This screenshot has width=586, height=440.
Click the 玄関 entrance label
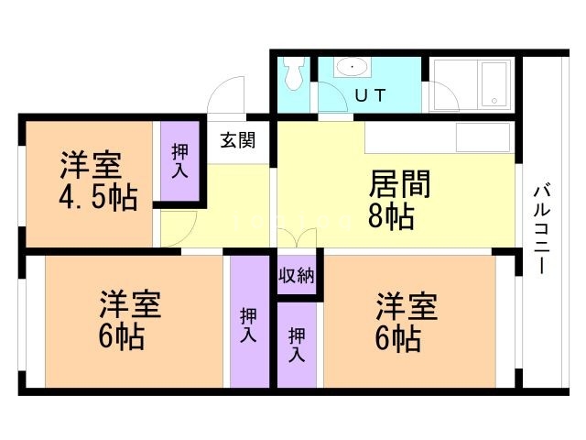[x=237, y=142]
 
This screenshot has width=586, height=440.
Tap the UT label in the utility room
[x=370, y=95]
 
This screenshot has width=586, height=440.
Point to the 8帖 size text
[x=392, y=217]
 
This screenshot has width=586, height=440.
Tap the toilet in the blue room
[x=293, y=75]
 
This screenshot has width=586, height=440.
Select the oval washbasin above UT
[x=351, y=68]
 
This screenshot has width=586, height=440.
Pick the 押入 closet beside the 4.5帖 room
[x=179, y=160]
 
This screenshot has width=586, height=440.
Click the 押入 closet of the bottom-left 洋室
[x=247, y=325]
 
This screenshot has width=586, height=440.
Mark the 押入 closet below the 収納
[x=296, y=345]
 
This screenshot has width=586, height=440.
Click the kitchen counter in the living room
[x=439, y=137]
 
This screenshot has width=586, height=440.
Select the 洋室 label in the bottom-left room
[x=131, y=304]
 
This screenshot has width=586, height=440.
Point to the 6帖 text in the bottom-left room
[x=121, y=337]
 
